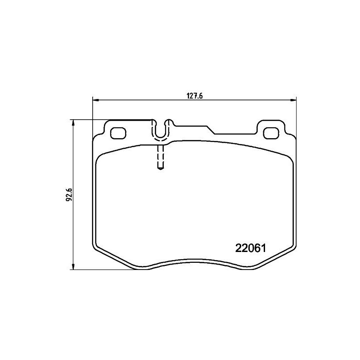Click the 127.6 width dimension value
tap(193, 95)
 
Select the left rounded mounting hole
tap(118, 133)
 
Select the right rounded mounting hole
tap(271, 133)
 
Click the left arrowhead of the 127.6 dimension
tap(95, 100)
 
